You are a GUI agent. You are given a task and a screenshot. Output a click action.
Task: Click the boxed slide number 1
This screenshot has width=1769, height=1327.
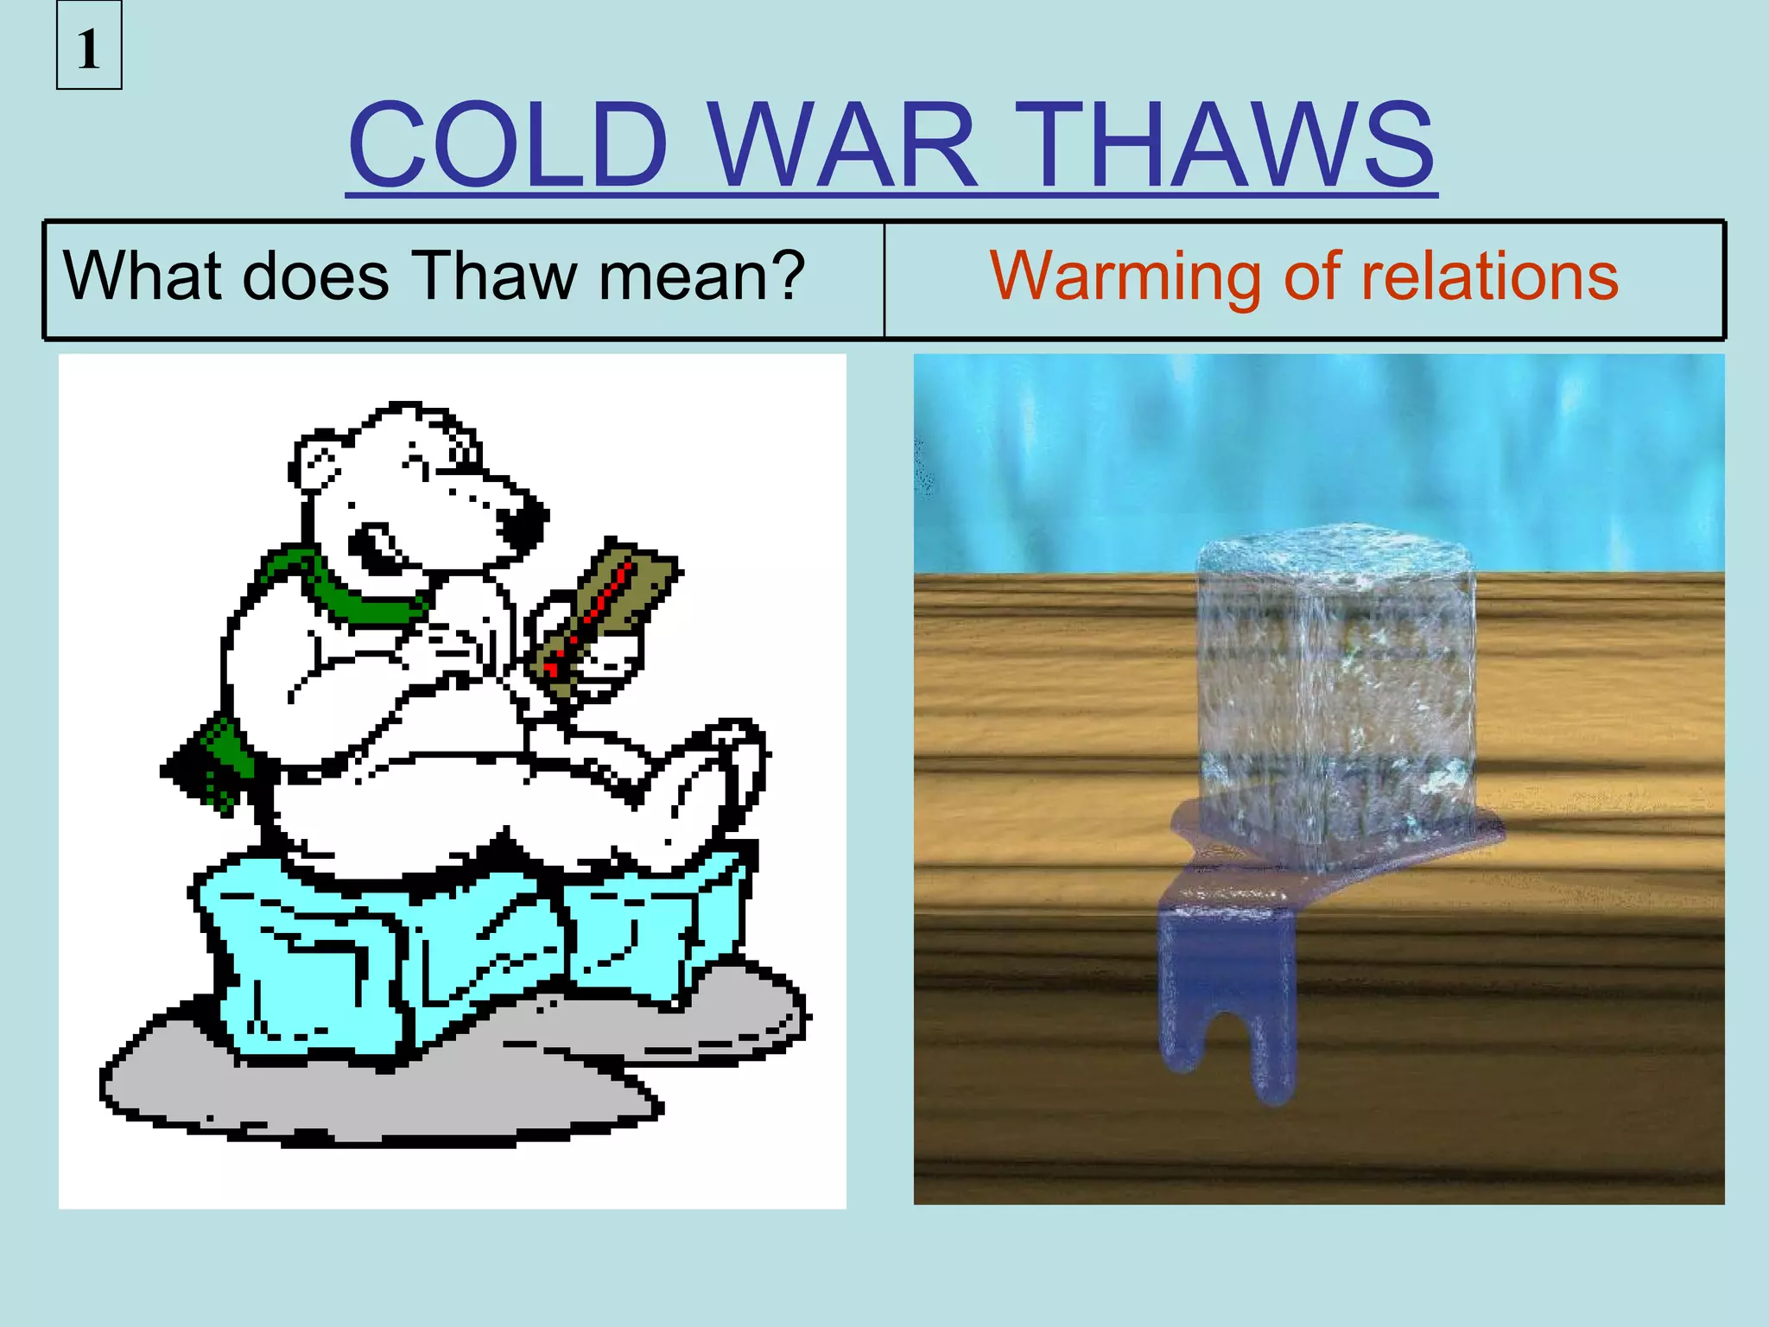[x=89, y=48]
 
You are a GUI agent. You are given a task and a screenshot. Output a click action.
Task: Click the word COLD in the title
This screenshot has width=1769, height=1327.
[x=508, y=144]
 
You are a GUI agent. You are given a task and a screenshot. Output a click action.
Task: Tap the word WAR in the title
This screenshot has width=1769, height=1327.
[x=845, y=144]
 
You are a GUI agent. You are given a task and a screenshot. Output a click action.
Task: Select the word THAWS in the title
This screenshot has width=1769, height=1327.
[x=1230, y=144]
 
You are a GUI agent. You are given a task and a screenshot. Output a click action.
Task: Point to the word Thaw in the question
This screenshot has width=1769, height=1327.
[x=497, y=276]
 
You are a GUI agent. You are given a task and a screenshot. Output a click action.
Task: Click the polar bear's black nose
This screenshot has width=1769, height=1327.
[x=522, y=522]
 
